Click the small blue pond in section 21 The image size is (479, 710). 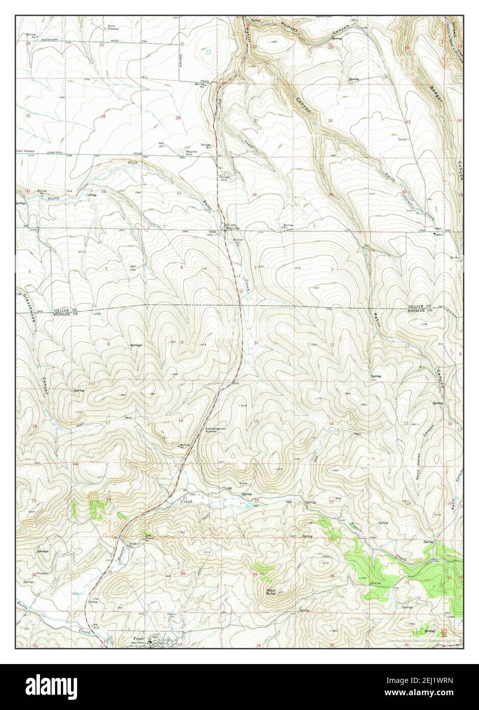pyautogui.click(x=208, y=52)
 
